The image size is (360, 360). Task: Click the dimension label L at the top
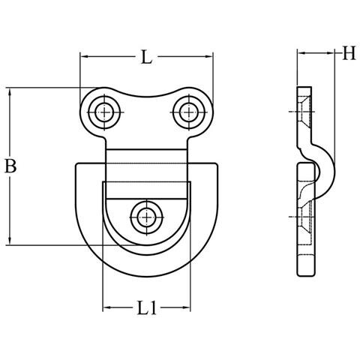pyautogui.click(x=146, y=57)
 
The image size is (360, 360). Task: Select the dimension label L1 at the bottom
pyautogui.click(x=147, y=307)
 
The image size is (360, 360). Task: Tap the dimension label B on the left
pyautogui.click(x=10, y=166)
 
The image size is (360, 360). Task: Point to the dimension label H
pyautogui.click(x=349, y=52)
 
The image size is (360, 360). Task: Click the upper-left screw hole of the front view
pyautogui.click(x=105, y=112)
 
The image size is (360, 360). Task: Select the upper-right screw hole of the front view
pyautogui.click(x=189, y=112)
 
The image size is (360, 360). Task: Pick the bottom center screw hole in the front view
pyautogui.click(x=147, y=217)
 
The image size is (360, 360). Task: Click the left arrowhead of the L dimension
pyautogui.click(x=83, y=57)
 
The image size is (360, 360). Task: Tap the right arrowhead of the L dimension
pyautogui.click(x=209, y=57)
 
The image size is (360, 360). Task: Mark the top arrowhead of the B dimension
pyautogui.click(x=10, y=91)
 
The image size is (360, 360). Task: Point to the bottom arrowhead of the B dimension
pyautogui.click(x=10, y=241)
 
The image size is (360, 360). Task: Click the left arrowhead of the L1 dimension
pyautogui.click(x=106, y=307)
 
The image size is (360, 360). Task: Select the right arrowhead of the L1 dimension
pyautogui.click(x=187, y=307)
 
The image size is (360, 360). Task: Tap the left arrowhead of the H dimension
pyautogui.click(x=301, y=53)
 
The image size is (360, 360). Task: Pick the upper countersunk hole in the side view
pyautogui.click(x=304, y=112)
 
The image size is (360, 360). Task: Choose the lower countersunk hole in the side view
pyautogui.click(x=305, y=217)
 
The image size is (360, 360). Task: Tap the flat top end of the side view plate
pyautogui.click(x=304, y=87)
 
